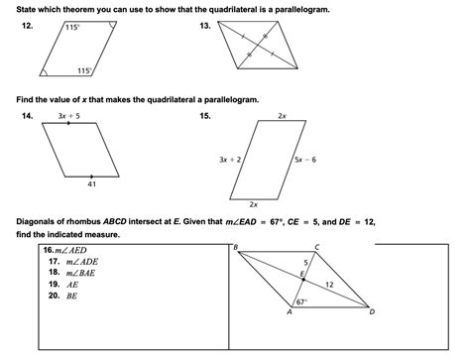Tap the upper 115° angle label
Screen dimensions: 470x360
(x=71, y=28)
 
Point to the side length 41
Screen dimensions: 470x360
(x=91, y=184)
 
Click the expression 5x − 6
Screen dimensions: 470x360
(x=305, y=159)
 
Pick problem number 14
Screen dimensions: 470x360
(x=27, y=116)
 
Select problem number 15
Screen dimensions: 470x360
(x=205, y=116)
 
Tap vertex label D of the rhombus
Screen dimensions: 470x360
(x=372, y=311)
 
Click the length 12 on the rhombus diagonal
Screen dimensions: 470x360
(x=328, y=285)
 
